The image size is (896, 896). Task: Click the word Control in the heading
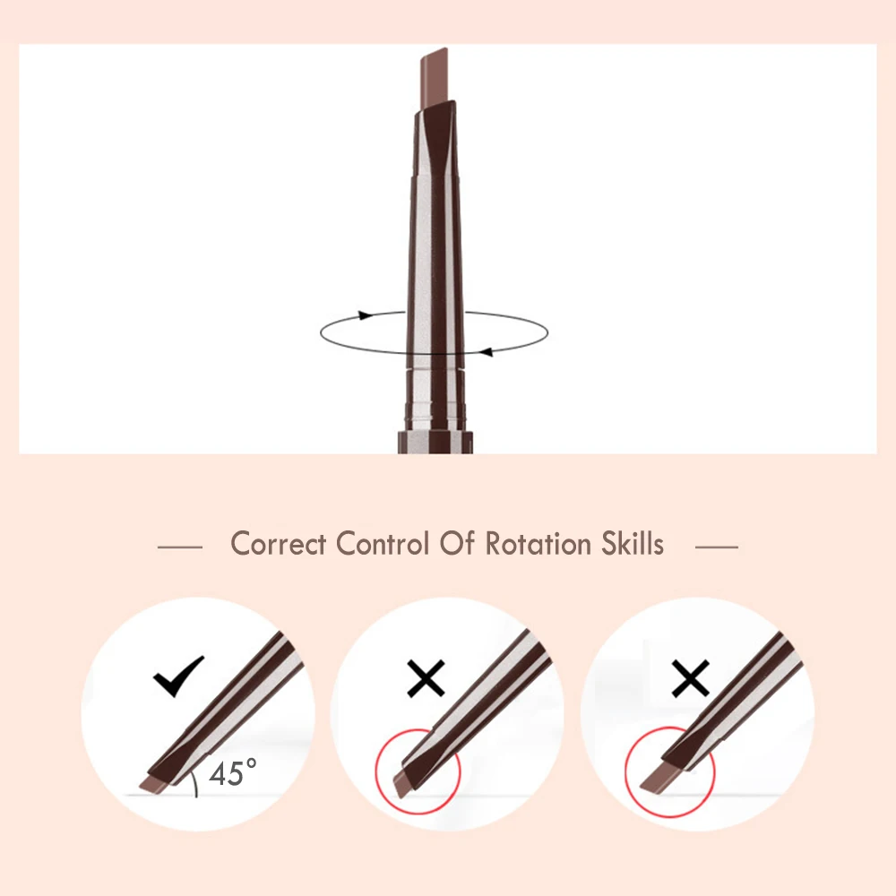point(383,544)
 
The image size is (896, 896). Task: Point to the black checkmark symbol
point(178,677)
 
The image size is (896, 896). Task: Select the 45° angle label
point(233,772)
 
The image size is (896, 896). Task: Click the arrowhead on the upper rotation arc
point(364,315)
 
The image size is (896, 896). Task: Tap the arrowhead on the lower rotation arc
point(486,351)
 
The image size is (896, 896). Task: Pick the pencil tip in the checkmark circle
point(158,781)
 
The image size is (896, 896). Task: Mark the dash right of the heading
point(717,546)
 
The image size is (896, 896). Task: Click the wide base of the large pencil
point(435,442)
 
